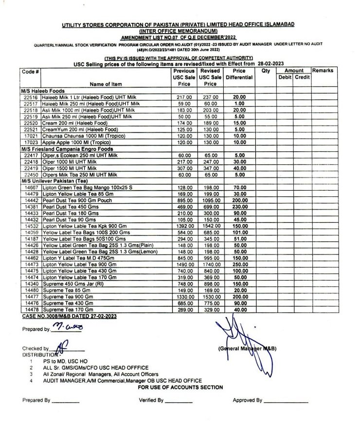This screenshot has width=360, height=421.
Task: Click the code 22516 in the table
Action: (x=31, y=97)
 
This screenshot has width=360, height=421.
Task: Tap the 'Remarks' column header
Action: (x=323, y=71)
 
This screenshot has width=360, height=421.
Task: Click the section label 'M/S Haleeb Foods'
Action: (x=43, y=91)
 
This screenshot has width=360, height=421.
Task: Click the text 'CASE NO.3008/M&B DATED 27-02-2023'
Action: (x=70, y=316)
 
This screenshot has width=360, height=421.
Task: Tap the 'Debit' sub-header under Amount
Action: (x=284, y=77)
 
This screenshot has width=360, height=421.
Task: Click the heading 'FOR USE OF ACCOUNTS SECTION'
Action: (x=180, y=387)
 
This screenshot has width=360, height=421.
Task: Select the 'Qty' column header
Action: (x=266, y=71)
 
